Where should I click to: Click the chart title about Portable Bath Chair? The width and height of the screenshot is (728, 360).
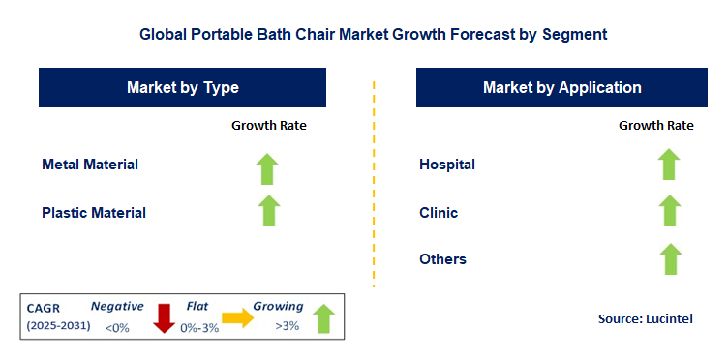[373, 34]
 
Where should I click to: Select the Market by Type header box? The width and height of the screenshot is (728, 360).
[183, 88]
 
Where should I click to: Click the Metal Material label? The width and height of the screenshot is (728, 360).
[90, 165]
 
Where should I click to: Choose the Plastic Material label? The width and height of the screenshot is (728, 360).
[94, 212]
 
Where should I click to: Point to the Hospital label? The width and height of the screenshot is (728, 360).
[446, 165]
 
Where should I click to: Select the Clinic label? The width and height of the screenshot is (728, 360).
[439, 212]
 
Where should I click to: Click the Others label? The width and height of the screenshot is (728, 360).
[442, 259]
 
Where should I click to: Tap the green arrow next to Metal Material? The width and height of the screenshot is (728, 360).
[268, 167]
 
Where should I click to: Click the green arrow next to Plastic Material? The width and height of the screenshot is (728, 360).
[268, 210]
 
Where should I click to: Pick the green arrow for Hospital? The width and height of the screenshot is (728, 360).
[669, 164]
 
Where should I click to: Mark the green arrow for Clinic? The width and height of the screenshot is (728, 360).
[669, 210]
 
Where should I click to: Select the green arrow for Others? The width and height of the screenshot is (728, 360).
[669, 258]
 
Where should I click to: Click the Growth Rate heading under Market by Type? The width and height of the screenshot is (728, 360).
[268, 126]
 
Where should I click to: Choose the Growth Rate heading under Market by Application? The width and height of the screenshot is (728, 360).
[655, 126]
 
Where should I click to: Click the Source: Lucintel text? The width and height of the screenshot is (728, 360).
[646, 318]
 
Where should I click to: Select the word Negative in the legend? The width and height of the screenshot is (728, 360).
[117, 306]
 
